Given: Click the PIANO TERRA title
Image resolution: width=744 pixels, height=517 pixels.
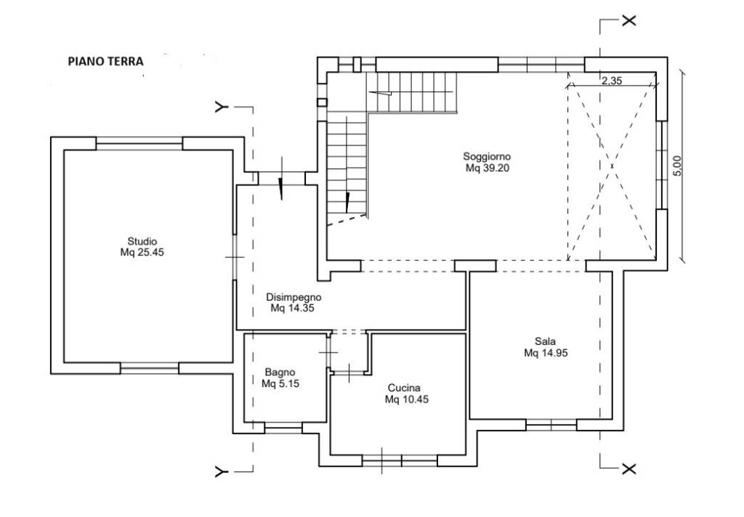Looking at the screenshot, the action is (106, 61).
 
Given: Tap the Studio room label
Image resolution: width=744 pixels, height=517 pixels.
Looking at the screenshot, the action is (142, 241).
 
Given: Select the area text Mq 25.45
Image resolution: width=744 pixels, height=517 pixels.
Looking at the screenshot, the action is (142, 253).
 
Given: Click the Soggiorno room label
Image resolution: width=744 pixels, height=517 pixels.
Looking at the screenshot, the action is (487, 156).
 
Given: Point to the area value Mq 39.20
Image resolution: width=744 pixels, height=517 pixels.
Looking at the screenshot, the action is (488, 168).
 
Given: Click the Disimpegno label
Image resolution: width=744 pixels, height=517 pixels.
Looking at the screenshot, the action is (294, 298).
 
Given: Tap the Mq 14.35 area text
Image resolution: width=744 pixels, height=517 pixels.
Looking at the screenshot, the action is (292, 309).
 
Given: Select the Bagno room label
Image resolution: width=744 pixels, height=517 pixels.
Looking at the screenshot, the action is (280, 373).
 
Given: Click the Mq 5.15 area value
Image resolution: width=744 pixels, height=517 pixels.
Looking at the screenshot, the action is (280, 383).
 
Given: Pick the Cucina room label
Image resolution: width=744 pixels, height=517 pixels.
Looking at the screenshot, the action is (404, 388).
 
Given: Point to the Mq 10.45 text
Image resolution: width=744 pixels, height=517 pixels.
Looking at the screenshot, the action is (407, 400).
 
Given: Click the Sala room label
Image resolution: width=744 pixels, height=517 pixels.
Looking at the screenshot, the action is (545, 341).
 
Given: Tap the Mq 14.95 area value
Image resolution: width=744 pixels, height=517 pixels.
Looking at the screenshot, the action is (546, 353).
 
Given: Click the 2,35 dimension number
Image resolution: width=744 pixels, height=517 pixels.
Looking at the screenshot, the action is (612, 81).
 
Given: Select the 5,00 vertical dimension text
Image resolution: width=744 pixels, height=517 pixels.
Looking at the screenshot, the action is (677, 166).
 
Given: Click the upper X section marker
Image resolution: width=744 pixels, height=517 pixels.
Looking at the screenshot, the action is (628, 20).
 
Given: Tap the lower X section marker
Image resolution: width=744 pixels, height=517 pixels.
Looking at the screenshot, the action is (628, 468).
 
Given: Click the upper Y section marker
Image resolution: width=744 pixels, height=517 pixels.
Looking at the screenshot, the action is (220, 107).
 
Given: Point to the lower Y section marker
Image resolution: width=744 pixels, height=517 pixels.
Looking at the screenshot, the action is (220, 471).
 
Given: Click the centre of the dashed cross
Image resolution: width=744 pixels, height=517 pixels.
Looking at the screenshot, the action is (612, 166).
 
